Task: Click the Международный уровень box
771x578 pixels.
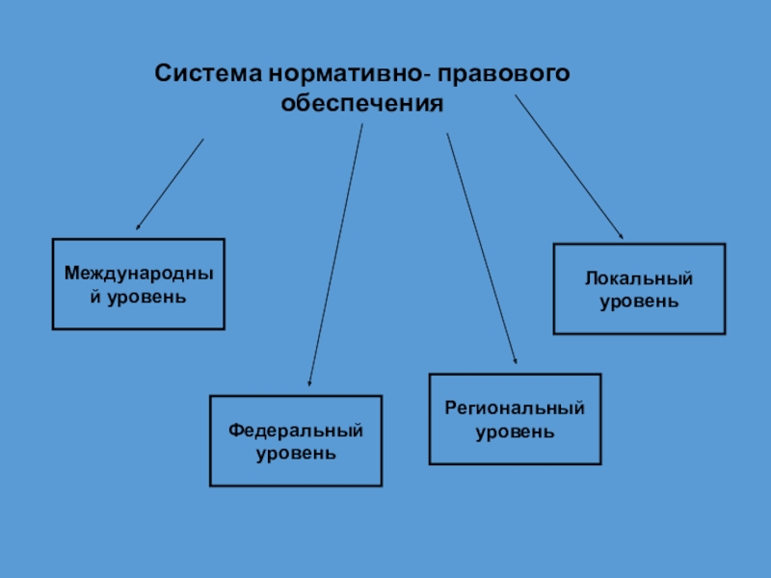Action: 138,284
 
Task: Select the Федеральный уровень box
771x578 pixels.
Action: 296,440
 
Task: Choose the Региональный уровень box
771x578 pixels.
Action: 515,419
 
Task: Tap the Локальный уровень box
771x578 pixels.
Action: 639,289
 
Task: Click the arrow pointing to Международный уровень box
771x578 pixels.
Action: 170,184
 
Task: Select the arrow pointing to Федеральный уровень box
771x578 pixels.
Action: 335,255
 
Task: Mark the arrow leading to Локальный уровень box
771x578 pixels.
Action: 570,167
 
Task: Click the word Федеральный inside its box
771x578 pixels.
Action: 296,430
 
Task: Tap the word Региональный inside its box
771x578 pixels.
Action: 515,408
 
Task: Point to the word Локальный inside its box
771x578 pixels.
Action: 639,278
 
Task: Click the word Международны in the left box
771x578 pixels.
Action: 138,274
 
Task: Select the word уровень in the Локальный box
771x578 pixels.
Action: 639,302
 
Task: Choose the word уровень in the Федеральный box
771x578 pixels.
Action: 296,452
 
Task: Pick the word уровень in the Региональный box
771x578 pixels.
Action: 515,431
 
